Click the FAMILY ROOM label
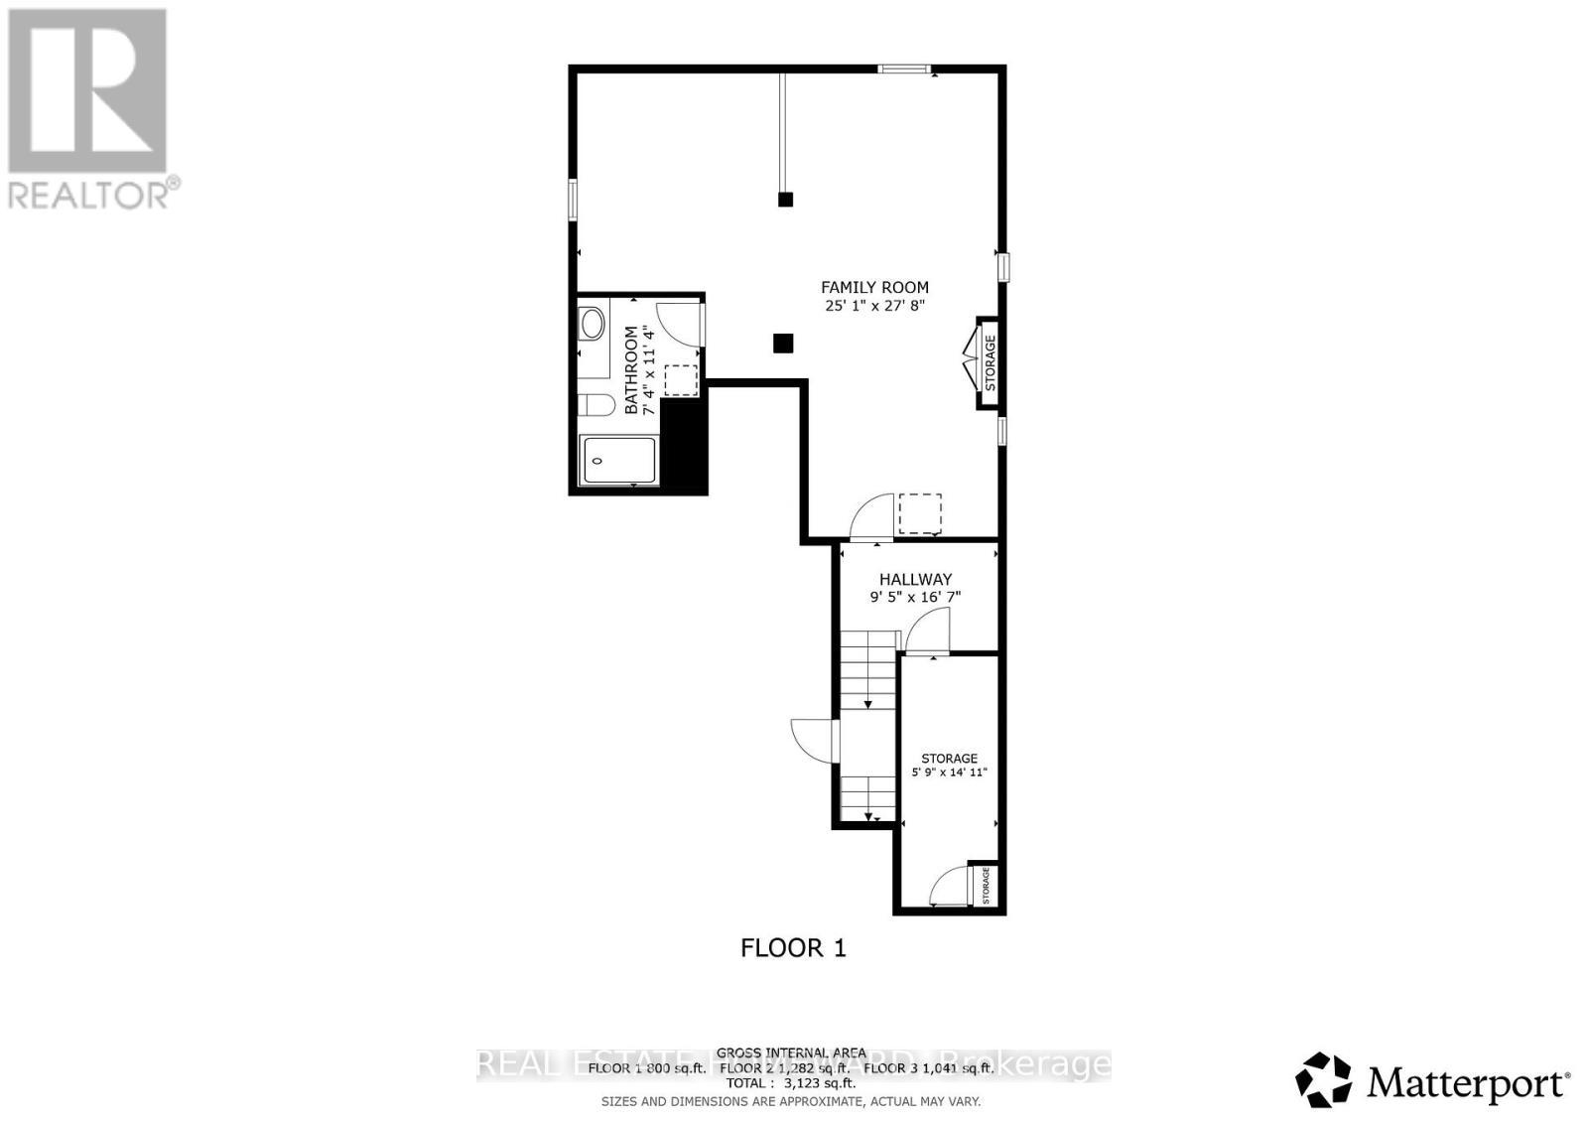874,288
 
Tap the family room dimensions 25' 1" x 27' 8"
874,306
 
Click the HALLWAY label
915,579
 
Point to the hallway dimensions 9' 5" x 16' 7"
915,597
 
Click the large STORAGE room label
949,759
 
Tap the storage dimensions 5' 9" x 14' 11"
949,773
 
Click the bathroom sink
593,324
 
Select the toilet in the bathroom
595,406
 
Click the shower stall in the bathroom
618,461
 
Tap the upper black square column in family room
785,199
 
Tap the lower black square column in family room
783,344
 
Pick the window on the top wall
904,69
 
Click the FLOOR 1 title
793,948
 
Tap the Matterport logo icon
1324,1080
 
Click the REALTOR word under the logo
89,194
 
